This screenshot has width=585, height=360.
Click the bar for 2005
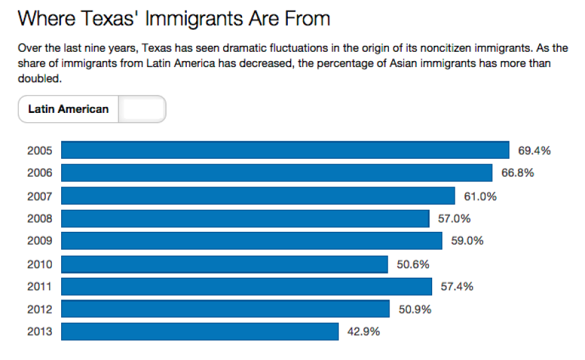pyautogui.click(x=285, y=150)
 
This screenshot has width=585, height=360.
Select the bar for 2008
pyautogui.click(x=245, y=219)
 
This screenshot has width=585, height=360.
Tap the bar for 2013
pyautogui.click(x=199, y=331)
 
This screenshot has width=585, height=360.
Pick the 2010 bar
pyautogui.click(x=224, y=264)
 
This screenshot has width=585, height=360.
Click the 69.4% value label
pyautogui.click(x=534, y=151)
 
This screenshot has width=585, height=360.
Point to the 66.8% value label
pyautogui.click(x=518, y=173)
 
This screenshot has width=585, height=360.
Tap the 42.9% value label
pyautogui.click(x=363, y=331)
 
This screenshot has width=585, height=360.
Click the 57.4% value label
pyautogui.click(x=457, y=287)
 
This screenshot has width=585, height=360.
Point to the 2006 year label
pyautogui.click(x=39, y=173)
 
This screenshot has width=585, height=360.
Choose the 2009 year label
pyautogui.click(x=39, y=241)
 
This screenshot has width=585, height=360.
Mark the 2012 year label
pyautogui.click(x=39, y=309)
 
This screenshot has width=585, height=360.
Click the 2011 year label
pyautogui.click(x=39, y=287)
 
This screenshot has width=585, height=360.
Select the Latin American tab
pyautogui.click(x=68, y=109)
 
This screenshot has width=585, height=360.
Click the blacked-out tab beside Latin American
pyautogui.click(x=142, y=110)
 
